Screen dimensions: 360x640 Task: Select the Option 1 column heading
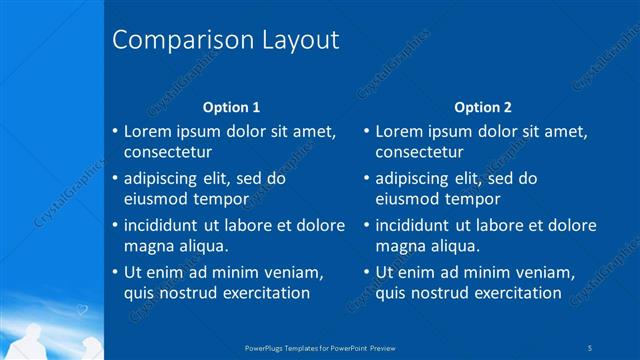point(231,107)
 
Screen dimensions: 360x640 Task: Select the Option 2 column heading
point(483,107)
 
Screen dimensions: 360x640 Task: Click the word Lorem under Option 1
point(149,131)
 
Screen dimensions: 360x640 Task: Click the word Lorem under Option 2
point(401,131)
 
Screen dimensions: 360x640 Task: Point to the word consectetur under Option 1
point(167,152)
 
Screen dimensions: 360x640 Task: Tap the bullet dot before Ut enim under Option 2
point(367,273)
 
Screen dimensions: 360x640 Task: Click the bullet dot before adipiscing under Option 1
point(115,179)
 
